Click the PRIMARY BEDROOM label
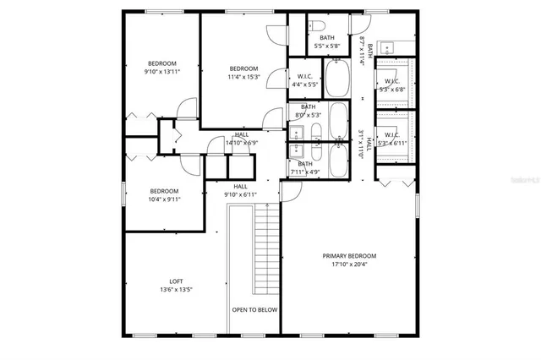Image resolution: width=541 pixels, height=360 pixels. pyautogui.click(x=349, y=255)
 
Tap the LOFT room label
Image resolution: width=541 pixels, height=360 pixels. pyautogui.click(x=176, y=281)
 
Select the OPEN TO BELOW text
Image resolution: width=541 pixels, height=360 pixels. pyautogui.click(x=254, y=310)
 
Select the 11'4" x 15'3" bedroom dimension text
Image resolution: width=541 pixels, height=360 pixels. pyautogui.click(x=243, y=78)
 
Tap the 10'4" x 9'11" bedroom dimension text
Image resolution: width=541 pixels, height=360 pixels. pyautogui.click(x=164, y=200)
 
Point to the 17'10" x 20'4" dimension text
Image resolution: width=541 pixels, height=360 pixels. pyautogui.click(x=349, y=265)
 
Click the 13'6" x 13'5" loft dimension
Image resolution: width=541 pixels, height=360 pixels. pyautogui.click(x=176, y=291)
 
